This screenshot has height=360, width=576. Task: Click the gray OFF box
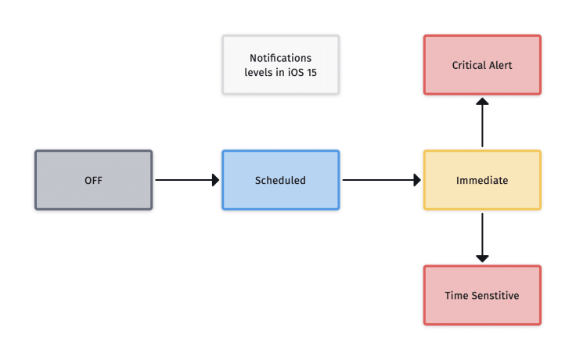pos(93,180)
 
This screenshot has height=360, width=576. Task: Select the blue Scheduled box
pos(280,180)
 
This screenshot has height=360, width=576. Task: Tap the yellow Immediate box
pos(482,180)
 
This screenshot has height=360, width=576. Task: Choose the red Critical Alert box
pos(482,65)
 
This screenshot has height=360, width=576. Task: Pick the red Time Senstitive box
pos(482,296)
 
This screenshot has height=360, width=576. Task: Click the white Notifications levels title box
pos(280,65)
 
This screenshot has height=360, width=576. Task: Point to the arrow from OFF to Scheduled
pos(186,180)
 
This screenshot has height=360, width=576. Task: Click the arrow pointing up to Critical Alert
pos(482,123)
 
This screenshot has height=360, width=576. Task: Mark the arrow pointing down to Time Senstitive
pos(482,237)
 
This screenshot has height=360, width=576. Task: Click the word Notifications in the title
pos(280,58)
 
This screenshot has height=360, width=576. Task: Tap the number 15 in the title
pos(311,72)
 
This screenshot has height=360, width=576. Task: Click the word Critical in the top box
pos(468,65)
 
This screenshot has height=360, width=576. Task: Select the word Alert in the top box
pos(500,65)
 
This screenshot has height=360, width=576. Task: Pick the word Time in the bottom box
pos(455,296)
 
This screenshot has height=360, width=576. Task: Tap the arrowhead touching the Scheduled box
pos(216,180)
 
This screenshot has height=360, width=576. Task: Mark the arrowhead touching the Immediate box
pos(417,180)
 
